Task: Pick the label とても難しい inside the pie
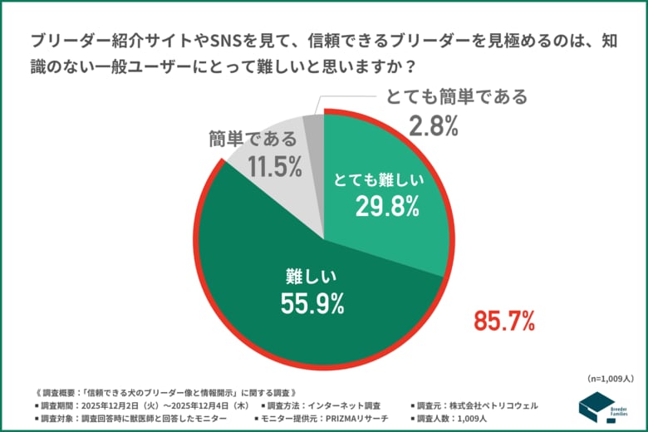[379, 179]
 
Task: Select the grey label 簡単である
[252, 139]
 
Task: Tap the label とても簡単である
[456, 96]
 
